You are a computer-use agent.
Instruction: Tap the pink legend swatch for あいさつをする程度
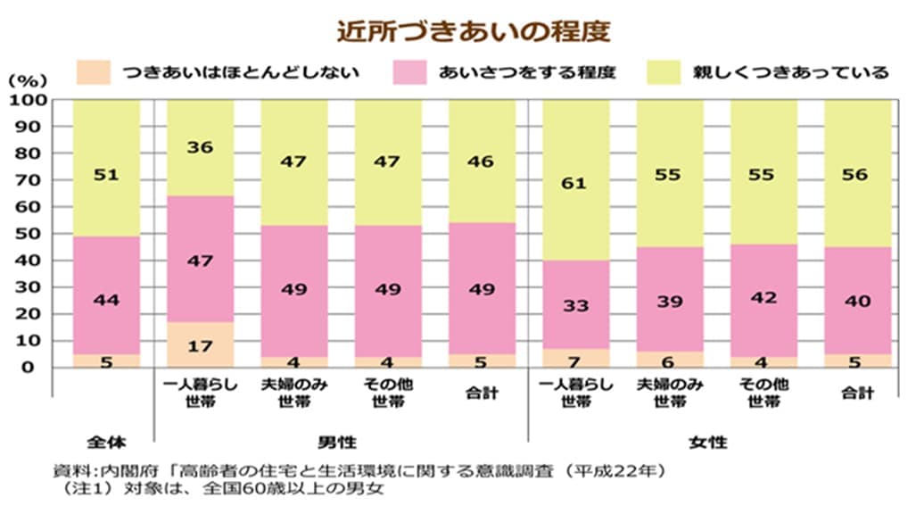point(408,71)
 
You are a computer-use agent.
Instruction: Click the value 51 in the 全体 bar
point(106,175)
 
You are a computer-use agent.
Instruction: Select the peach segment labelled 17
point(200,344)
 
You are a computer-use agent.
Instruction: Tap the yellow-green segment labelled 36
point(200,147)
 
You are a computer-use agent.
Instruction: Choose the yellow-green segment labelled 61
point(575,184)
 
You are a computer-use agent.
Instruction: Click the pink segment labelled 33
point(575,305)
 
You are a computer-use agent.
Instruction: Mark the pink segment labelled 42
point(763,298)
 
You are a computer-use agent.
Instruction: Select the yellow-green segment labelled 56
point(856,175)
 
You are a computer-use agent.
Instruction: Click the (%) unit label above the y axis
point(25,80)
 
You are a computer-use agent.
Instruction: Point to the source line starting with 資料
point(357,471)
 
